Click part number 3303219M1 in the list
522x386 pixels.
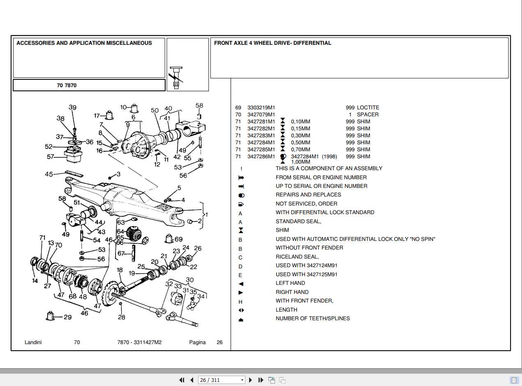coord(261,108)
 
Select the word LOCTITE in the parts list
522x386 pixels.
coord(368,108)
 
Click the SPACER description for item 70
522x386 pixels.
coord(367,115)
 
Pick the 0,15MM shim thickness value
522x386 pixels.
coord(300,129)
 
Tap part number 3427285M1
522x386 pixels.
coord(261,150)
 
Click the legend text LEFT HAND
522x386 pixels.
coord(290,283)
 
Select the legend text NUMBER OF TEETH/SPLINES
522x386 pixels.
coord(312,319)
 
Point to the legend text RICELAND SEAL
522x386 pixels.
coord(297,257)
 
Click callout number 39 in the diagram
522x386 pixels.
coord(72,108)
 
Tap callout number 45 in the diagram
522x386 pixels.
coord(49,174)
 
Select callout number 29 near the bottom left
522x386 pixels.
coord(67,317)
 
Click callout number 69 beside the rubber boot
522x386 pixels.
coord(179,239)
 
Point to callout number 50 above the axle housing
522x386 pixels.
coord(155,110)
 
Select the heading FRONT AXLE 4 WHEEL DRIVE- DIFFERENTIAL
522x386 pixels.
coord(273,43)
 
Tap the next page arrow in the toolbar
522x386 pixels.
coord(250,380)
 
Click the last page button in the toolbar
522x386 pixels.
coord(261,380)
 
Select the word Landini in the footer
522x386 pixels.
coord(33,342)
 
